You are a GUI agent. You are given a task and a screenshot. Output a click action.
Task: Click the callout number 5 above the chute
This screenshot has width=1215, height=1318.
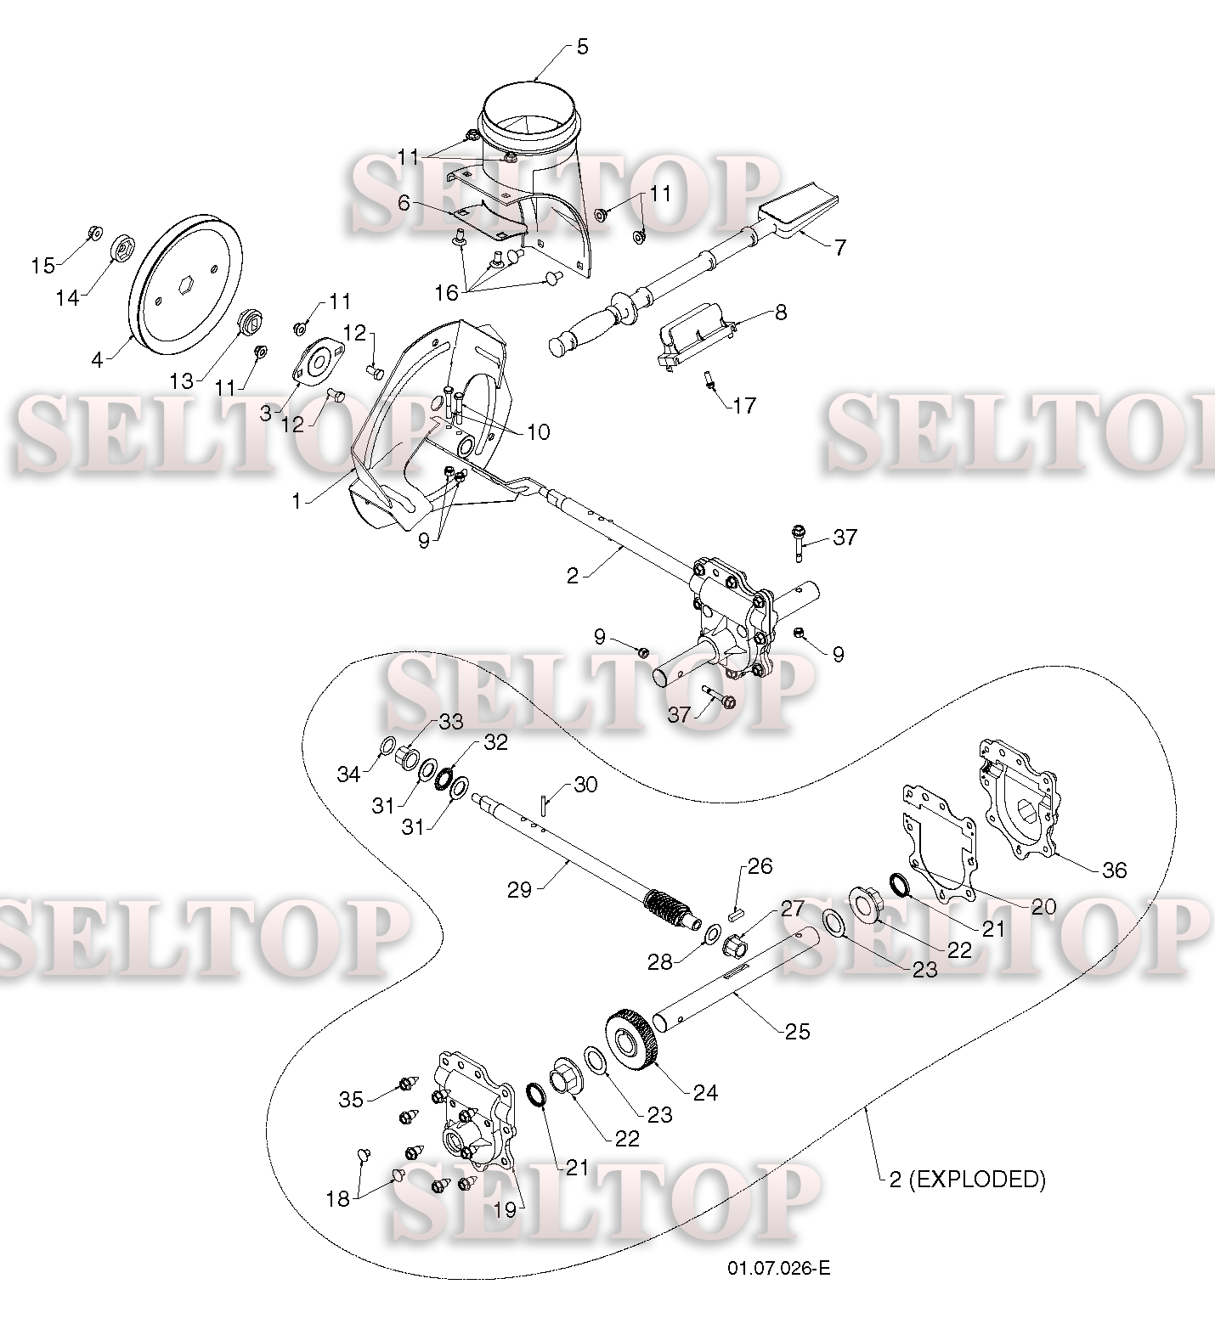pos(582,47)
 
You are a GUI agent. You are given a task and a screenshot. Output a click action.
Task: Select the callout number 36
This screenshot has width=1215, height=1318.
pos(1114,870)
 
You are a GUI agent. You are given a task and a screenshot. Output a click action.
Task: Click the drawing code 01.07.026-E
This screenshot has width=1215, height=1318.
pos(778,1269)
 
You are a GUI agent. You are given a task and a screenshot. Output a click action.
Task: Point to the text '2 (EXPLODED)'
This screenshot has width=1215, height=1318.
pos(967,1179)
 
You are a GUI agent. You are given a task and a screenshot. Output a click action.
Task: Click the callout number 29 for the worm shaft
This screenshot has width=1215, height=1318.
pos(519,889)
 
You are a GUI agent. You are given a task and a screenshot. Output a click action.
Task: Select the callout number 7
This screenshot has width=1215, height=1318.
pos(839,247)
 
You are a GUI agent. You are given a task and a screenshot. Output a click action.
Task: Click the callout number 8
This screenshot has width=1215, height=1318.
pos(780,312)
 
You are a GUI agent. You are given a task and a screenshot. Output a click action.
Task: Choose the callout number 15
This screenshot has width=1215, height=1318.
pos(42,266)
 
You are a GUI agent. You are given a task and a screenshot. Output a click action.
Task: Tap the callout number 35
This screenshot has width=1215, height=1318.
pos(351,1100)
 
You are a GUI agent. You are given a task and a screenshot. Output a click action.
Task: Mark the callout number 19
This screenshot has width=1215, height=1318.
pos(504,1210)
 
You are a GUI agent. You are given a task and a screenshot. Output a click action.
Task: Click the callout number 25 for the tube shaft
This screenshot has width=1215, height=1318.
pos(797,1031)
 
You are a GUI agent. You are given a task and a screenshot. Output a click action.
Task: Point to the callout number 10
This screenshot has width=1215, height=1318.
pos(538,431)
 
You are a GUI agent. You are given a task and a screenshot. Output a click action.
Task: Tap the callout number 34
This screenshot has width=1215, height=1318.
pos(348,774)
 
